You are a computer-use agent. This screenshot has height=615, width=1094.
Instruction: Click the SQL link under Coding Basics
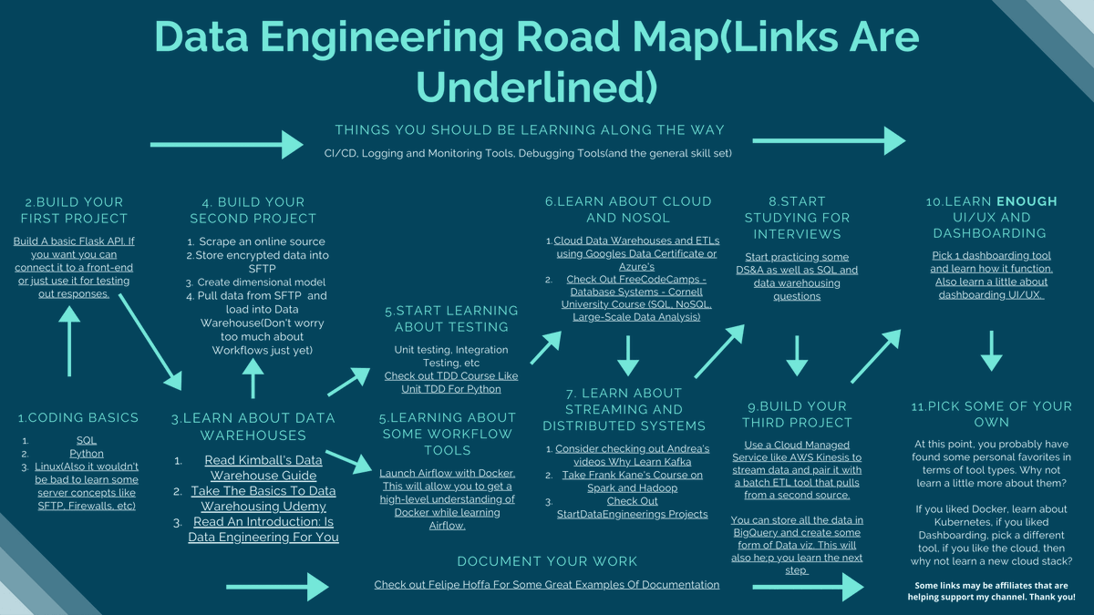(87, 440)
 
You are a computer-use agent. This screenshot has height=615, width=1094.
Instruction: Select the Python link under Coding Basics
(87, 453)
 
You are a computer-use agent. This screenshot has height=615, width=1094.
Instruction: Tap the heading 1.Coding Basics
(78, 417)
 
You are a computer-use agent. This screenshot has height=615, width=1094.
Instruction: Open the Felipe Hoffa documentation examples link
(546, 584)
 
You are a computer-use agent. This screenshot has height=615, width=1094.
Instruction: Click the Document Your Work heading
(546, 561)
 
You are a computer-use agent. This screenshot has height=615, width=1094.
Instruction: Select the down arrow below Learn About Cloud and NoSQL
(627, 354)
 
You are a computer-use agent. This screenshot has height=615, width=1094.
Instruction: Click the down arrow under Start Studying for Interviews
(797, 354)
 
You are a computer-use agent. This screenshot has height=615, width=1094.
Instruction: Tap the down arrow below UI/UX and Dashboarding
(992, 350)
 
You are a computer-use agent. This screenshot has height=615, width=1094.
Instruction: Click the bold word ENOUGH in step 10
(1027, 201)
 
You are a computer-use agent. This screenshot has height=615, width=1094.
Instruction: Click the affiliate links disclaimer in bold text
(992, 590)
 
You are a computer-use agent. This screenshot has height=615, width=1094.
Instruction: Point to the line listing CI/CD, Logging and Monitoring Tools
(528, 153)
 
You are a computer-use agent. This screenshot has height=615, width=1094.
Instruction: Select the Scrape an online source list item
(262, 241)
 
